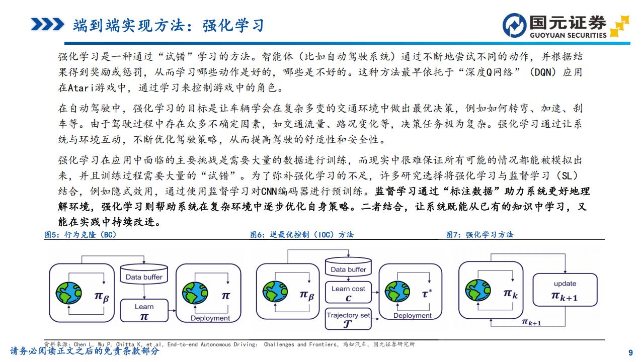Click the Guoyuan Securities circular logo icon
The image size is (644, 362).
point(515,25)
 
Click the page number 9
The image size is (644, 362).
point(631,352)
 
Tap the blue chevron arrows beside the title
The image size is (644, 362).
point(47,25)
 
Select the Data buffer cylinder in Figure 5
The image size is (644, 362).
point(144,275)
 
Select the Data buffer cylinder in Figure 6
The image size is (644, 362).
point(348,267)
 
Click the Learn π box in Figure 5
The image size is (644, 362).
point(144,311)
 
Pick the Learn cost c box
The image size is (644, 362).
point(348,292)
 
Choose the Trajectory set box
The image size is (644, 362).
point(348,319)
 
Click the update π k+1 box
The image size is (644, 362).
point(565,290)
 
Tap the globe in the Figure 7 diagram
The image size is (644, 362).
point(478,290)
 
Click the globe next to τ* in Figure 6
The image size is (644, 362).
point(397,292)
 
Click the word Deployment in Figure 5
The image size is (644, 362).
point(210,318)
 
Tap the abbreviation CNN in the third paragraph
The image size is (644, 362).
point(269,191)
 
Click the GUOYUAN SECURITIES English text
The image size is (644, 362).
point(568,35)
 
